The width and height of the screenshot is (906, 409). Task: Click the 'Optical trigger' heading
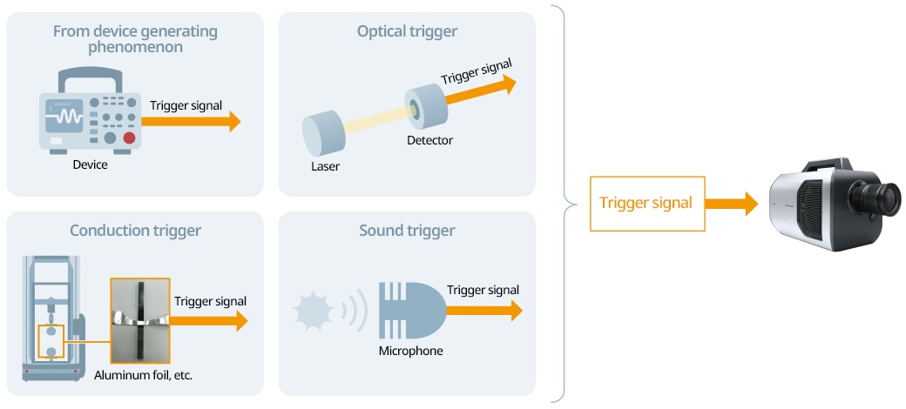[407, 32]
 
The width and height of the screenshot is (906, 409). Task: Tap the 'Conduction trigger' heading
[135, 231]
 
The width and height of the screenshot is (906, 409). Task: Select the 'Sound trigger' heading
[407, 231]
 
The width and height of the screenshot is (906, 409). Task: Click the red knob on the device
[129, 137]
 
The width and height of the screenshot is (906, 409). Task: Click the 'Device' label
[91, 164]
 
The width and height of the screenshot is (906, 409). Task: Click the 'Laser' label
[325, 165]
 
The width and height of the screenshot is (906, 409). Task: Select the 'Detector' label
[429, 139]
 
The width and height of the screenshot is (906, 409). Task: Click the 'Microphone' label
[410, 351]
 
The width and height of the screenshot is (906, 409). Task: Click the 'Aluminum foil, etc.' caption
[143, 375]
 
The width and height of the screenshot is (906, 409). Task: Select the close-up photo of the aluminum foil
[139, 319]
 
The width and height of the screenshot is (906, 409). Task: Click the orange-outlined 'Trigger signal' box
[646, 204]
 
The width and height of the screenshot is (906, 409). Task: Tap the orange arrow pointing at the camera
[732, 204]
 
